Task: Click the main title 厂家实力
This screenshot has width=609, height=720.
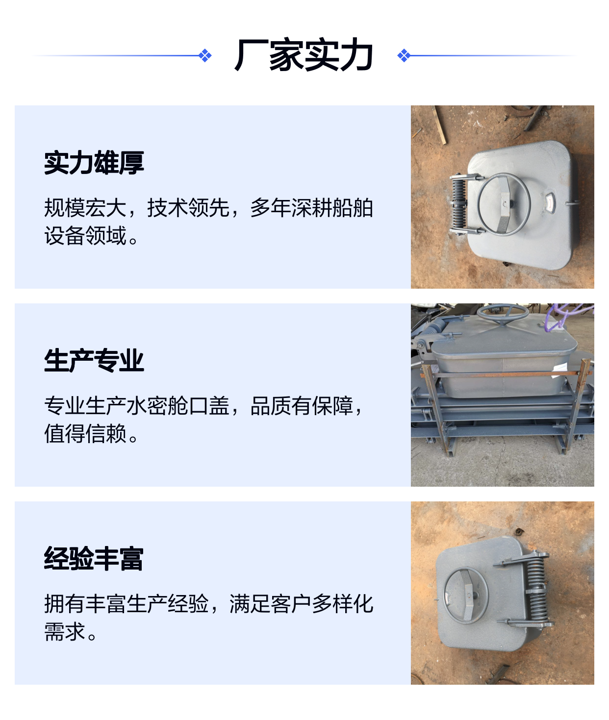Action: point(304,55)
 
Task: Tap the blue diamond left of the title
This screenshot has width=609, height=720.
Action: point(205,55)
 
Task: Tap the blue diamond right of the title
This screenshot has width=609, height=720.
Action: point(404,55)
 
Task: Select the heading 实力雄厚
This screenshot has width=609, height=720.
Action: point(94,163)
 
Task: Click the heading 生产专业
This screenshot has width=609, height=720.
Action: point(94,361)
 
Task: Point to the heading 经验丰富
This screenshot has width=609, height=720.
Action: point(94,558)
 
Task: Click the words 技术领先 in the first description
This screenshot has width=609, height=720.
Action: point(188,208)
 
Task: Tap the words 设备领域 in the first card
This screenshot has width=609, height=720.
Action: point(85,235)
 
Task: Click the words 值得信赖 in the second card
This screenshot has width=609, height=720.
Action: point(85,433)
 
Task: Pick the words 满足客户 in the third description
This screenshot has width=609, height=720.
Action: point(271,604)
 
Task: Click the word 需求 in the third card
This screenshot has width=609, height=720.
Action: point(65,631)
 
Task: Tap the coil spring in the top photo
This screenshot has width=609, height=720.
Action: point(459,204)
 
